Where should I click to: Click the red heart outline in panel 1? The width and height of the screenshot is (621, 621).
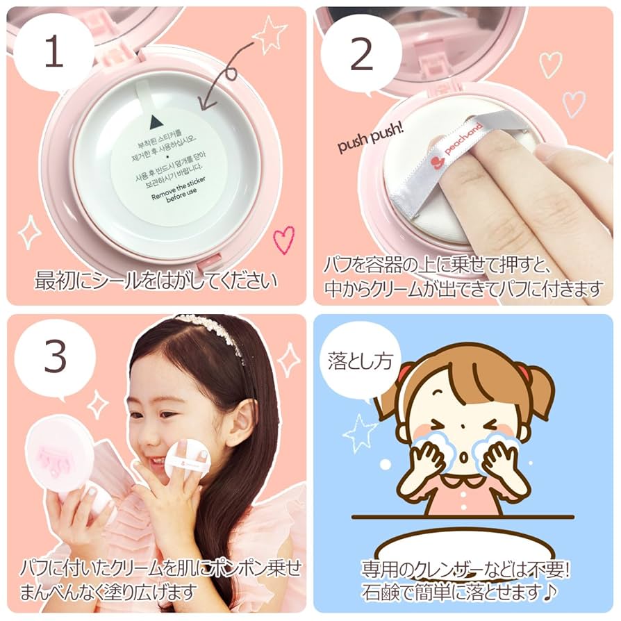pos(283,239)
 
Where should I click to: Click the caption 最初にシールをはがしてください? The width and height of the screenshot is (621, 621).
pos(156,281)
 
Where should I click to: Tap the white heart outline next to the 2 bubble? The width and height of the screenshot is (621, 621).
pos(550,63)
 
